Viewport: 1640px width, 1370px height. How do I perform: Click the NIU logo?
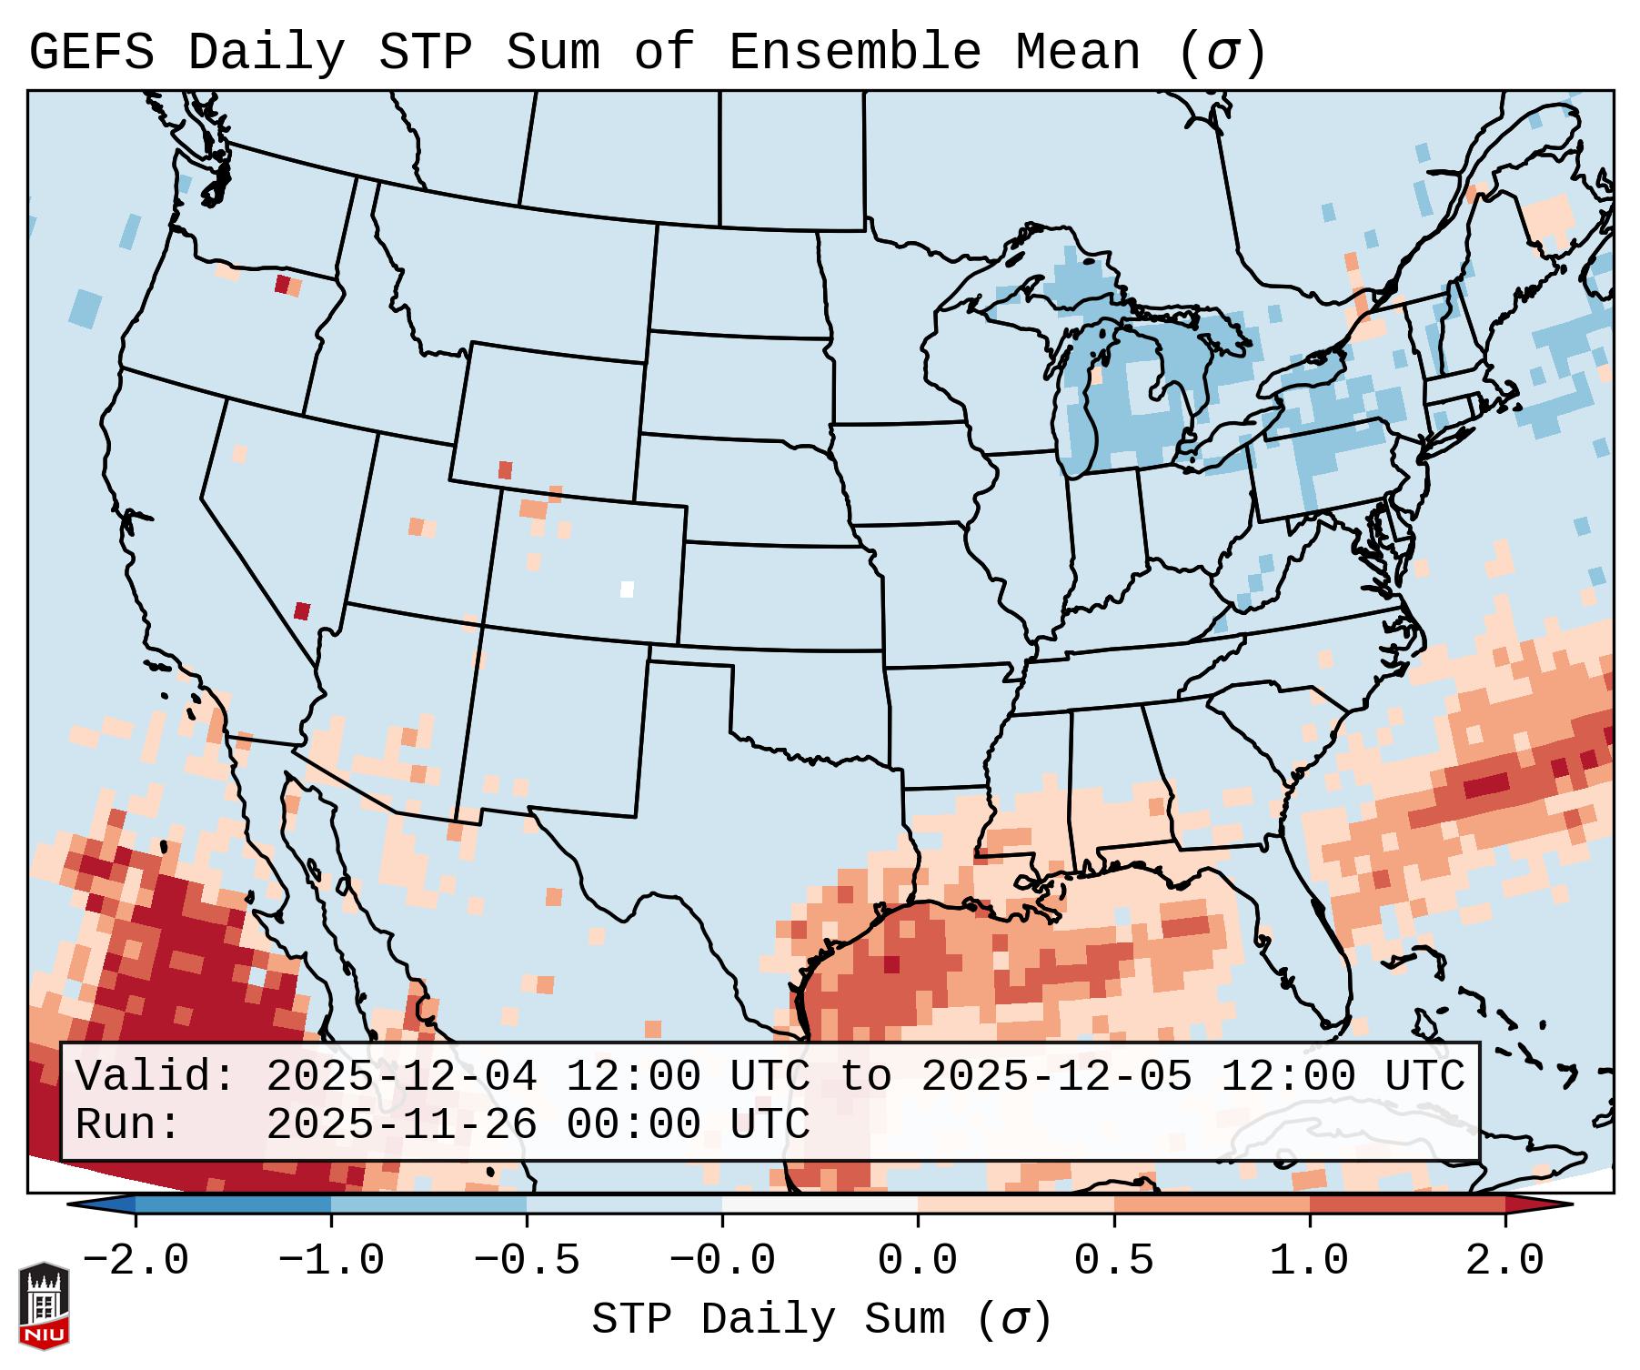[44, 1305]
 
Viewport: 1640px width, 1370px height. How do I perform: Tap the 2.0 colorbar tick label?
[1504, 1261]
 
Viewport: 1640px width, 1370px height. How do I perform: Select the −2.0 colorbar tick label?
[136, 1261]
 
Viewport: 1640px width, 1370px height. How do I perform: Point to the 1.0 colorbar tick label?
[1309, 1261]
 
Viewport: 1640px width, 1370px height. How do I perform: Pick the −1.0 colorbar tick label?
[331, 1261]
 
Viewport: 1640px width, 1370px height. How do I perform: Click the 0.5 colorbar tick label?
[1113, 1261]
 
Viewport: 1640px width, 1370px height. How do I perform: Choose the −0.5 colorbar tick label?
[527, 1261]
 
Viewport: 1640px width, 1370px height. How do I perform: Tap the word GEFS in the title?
[91, 52]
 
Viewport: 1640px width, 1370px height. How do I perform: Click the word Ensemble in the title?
[854, 52]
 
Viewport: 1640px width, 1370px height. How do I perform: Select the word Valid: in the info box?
[156, 1077]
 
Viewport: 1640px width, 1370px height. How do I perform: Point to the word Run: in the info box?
[128, 1124]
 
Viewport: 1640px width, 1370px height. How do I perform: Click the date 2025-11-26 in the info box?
[401, 1124]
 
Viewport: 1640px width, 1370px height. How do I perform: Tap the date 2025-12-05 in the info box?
[1056, 1077]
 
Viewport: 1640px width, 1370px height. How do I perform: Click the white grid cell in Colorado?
[627, 589]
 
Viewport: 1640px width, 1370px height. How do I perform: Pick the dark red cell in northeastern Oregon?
[282, 285]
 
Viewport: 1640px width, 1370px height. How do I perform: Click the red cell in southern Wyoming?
[506, 470]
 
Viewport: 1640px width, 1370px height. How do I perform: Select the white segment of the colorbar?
[820, 1204]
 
